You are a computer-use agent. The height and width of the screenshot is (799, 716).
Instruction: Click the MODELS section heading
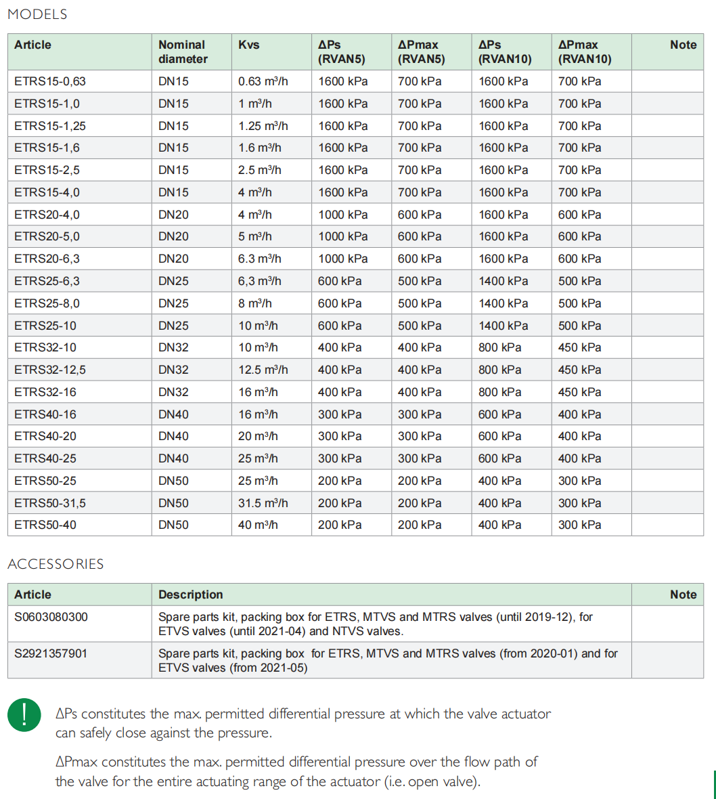pos(37,14)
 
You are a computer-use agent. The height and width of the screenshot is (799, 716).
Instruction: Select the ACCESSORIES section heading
pos(55,564)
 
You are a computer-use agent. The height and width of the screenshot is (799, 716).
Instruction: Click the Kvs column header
pos(248,45)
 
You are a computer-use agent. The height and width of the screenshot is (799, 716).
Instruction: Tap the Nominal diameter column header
pos(183,51)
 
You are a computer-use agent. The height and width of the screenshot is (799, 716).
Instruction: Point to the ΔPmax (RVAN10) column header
pos(584,51)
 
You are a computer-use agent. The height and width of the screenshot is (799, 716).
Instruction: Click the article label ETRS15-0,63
pos(50,81)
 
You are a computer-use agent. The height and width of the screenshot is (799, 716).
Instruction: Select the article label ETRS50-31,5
pos(50,503)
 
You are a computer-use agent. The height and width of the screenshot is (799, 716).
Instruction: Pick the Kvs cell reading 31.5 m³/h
pos(263,503)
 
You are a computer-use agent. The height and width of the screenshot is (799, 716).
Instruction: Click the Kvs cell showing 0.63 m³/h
pos(263,81)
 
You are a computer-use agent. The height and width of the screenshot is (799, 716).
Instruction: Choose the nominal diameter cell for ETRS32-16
pos(173,392)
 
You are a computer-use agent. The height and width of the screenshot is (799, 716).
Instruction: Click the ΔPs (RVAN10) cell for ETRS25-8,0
pos(504,303)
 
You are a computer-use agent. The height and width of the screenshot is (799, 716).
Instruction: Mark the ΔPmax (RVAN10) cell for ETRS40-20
pos(579,436)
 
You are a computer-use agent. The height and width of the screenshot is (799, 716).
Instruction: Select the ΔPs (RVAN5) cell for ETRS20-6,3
pos(343,259)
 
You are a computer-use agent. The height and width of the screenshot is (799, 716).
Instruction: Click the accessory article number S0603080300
pos(51,617)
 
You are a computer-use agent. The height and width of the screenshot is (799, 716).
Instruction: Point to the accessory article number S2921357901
pos(51,653)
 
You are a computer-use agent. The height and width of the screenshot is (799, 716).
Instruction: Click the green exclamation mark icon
pos(24,715)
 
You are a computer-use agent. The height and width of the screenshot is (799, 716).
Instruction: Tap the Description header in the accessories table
pos(190,595)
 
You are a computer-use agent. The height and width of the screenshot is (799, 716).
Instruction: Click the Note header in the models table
pos(683,45)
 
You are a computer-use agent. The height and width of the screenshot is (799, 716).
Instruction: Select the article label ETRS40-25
pos(45,458)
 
